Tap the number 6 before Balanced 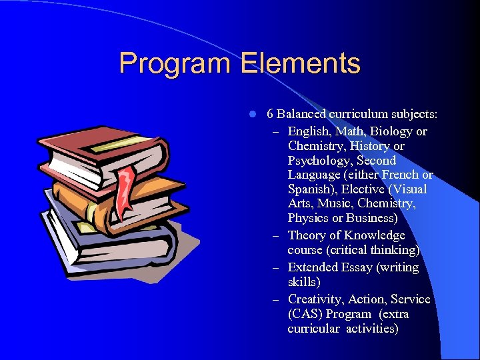tap(270, 114)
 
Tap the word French tap(399, 175)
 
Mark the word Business tap(373, 218)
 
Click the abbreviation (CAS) tap(305, 314)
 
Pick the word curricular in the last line tap(313, 329)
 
